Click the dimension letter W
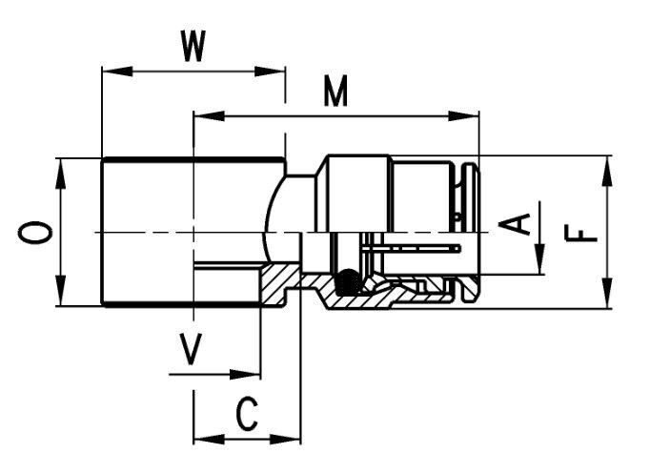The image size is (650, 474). [193, 46]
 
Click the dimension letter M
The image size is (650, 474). [335, 92]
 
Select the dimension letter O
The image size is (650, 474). [35, 232]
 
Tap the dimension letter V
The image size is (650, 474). [191, 349]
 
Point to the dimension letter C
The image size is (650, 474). [247, 414]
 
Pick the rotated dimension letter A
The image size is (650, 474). [515, 224]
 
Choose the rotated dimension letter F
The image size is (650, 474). [580, 233]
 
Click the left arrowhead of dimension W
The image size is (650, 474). [117, 71]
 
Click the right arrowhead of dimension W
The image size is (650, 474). [270, 71]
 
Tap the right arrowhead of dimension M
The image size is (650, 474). [463, 116]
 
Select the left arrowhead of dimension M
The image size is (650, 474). [210, 116]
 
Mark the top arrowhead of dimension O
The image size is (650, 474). [61, 175]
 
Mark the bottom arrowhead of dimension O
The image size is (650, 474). [61, 290]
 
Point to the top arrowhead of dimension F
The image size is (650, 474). [607, 172]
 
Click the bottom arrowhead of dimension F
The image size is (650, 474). [607, 293]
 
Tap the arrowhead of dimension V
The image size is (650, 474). [245, 375]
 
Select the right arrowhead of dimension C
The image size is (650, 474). [285, 439]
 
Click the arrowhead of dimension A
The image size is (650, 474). [539, 258]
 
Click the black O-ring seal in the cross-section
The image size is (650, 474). [349, 282]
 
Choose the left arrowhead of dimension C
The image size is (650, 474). [210, 439]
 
